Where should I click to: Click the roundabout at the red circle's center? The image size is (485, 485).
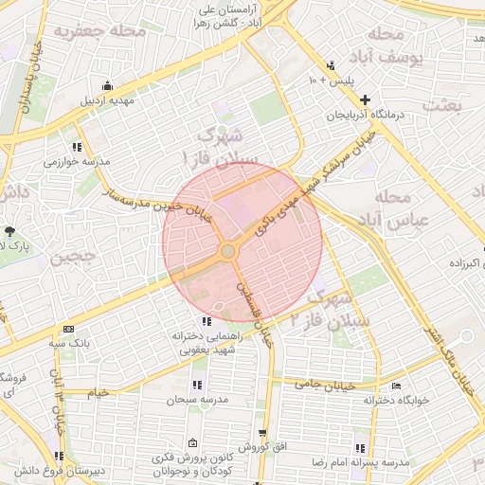click(228, 251)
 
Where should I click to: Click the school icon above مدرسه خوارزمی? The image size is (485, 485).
click(77, 148)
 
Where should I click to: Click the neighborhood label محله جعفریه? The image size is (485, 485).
click(90, 31)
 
